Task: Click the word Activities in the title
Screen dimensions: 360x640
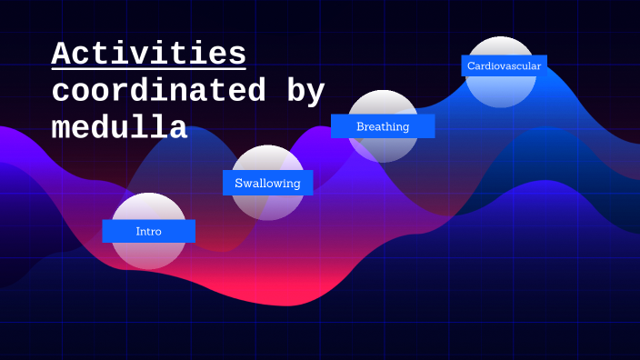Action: (x=148, y=54)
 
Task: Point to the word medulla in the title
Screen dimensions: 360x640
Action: (x=119, y=128)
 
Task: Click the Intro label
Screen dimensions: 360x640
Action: (x=148, y=232)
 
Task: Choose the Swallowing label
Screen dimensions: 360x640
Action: (x=267, y=183)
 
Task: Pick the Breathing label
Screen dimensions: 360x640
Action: (x=383, y=126)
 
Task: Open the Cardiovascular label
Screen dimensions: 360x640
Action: (x=504, y=65)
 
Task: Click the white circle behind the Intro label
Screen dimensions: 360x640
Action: (x=148, y=255)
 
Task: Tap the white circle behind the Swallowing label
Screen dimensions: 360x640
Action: (x=267, y=205)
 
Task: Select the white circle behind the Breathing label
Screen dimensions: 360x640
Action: (x=383, y=149)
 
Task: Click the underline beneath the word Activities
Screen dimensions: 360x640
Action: (x=148, y=68)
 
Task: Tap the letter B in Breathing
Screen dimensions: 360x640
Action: (x=361, y=126)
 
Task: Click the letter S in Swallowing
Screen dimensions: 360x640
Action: (x=239, y=183)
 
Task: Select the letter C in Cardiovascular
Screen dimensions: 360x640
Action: (x=471, y=65)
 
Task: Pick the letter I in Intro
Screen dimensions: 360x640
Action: (x=138, y=232)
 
